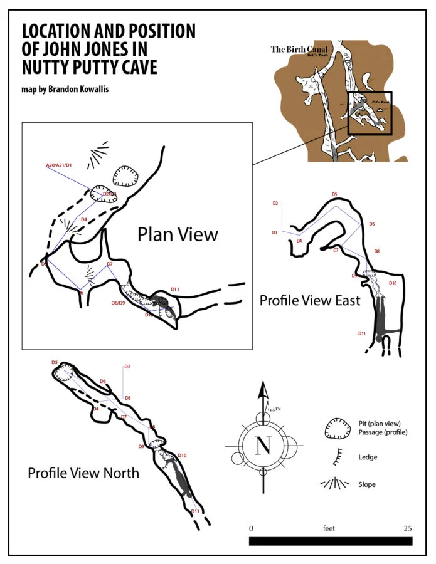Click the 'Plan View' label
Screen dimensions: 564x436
point(178,234)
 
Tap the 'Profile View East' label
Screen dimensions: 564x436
point(310,301)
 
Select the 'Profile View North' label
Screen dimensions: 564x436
point(83,473)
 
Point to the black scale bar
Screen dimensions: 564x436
point(330,541)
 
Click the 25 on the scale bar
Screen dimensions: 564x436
point(407,528)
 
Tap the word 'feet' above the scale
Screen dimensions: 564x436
point(329,528)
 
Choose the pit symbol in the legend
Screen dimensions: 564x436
point(337,430)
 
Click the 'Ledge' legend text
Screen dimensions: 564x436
point(368,457)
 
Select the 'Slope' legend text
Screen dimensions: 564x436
point(367,484)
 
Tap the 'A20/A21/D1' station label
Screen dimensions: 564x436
point(60,165)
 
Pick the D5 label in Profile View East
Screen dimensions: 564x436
point(334,194)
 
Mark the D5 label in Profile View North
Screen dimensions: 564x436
point(55,363)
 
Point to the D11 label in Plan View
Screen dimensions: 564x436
point(175,289)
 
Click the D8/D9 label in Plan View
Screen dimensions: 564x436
point(118,303)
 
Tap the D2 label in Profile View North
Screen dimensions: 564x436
point(127,367)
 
